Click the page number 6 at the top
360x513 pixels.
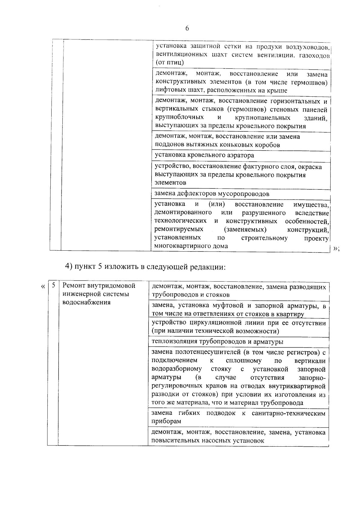coord(187,29)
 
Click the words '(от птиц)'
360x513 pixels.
coord(169,63)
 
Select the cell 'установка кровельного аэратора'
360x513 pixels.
coord(204,155)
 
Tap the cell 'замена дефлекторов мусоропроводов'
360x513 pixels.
coord(211,194)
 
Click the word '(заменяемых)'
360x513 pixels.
coord(245,230)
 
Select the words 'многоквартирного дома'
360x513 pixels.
coord(191,246)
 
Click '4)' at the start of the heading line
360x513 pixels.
coord(69,267)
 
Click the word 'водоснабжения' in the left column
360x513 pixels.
coord(86,302)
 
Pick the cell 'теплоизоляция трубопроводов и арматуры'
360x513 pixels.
coord(217,342)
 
